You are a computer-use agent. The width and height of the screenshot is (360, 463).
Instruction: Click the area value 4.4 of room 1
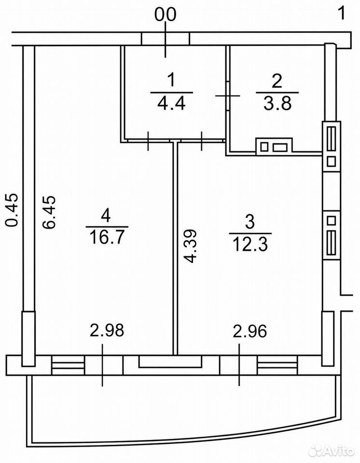point(171,104)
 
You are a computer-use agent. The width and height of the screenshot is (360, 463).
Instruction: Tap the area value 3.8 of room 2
point(277,104)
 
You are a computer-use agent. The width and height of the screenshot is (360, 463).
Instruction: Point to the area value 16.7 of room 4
point(107,238)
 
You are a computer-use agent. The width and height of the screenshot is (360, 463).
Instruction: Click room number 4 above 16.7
point(106,215)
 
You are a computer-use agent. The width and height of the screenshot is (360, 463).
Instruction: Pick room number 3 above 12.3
point(250,222)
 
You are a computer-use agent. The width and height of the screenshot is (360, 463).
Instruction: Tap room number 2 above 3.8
point(277,81)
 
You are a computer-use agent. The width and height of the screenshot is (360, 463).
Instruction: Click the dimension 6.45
point(49,212)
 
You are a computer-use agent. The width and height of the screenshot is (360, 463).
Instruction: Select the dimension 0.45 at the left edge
point(12,210)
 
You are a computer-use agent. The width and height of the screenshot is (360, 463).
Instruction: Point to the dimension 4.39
point(190,246)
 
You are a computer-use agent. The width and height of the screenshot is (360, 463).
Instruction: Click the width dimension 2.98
point(107,330)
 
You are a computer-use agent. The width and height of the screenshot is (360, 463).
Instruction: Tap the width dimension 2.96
point(250,331)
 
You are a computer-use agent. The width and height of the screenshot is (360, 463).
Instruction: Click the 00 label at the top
point(166,14)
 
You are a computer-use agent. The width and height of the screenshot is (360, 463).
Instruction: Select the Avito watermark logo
point(331,451)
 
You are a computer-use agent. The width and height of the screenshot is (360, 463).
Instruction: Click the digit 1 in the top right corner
point(342,14)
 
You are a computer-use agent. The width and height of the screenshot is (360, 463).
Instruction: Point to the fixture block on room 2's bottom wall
point(274,147)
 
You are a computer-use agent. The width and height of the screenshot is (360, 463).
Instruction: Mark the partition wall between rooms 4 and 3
point(175,248)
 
